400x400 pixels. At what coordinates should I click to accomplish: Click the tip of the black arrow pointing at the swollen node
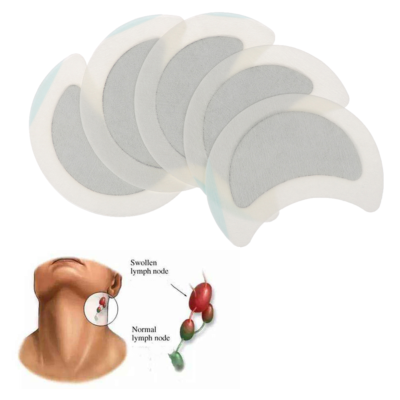point(186,296)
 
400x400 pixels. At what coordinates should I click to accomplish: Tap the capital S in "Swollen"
point(133,263)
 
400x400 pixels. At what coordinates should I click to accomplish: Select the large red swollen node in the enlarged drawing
point(200,297)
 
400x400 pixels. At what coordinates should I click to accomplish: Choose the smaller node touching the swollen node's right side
point(208,313)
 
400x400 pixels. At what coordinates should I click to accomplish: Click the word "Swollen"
point(144,263)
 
